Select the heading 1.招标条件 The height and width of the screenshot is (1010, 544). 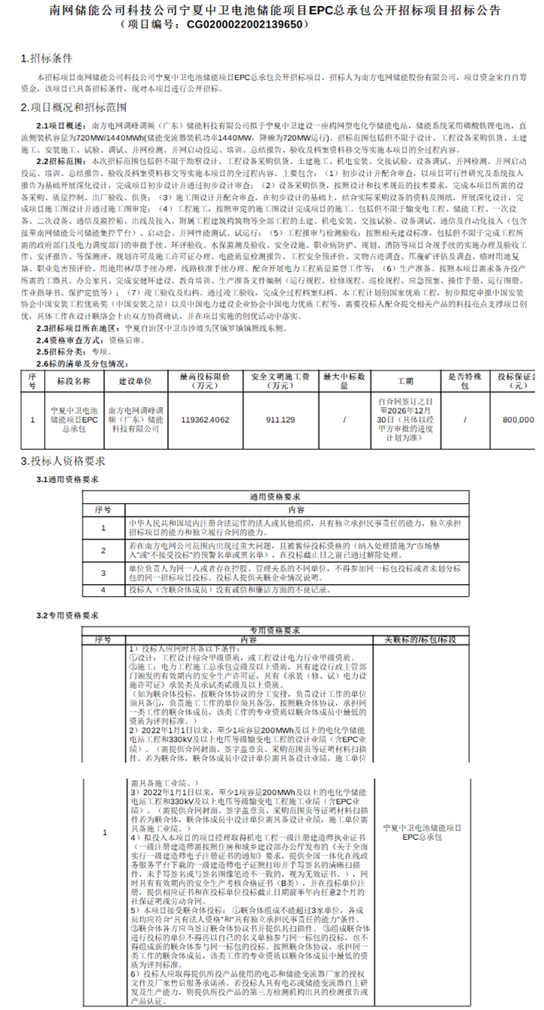tap(47, 58)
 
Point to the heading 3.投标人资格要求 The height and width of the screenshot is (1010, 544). tap(63, 460)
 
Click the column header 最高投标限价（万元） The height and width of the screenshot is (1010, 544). tap(204, 380)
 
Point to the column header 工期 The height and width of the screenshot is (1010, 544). tap(405, 380)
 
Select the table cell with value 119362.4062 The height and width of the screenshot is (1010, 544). tap(205, 421)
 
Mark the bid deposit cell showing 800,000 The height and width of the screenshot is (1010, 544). tap(518, 421)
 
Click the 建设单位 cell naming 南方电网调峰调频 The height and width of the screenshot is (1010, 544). tap(135, 420)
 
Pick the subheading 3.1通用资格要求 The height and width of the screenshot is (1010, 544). tap(68, 479)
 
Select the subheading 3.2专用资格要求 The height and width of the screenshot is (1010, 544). tap(68, 616)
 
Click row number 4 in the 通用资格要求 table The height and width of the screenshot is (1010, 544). tap(104, 590)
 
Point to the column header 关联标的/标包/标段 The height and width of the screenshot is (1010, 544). tap(419, 640)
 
